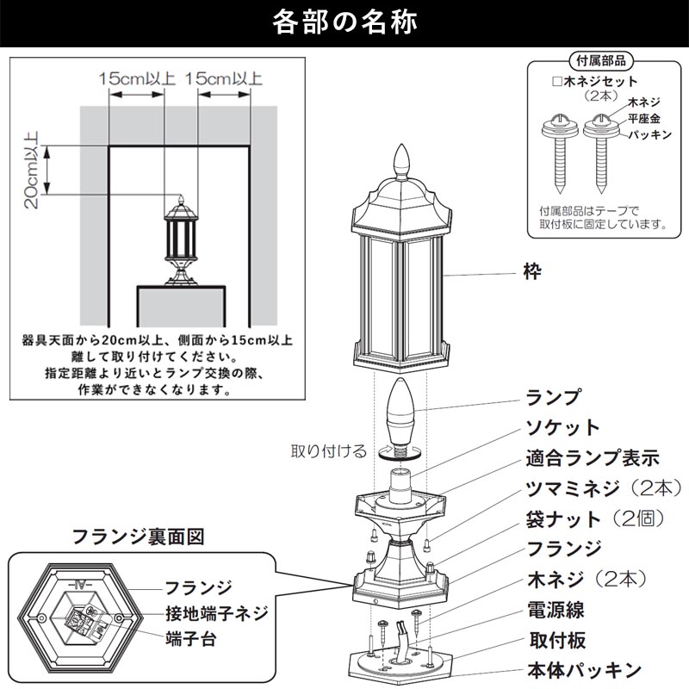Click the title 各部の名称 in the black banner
[344, 22]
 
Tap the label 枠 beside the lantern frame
[532, 271]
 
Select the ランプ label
[554, 398]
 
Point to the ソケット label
[563, 427]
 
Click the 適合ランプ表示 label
[593, 458]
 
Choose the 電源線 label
[556, 610]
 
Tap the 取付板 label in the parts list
[557, 640]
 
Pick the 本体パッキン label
[585, 671]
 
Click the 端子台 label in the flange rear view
[191, 639]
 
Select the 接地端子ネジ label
[217, 613]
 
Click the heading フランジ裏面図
[138, 537]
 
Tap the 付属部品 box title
[601, 60]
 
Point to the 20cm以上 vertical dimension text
[32, 170]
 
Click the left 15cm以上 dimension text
[137, 78]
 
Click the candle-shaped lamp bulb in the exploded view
[401, 411]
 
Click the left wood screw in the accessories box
[558, 152]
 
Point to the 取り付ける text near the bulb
[328, 451]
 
